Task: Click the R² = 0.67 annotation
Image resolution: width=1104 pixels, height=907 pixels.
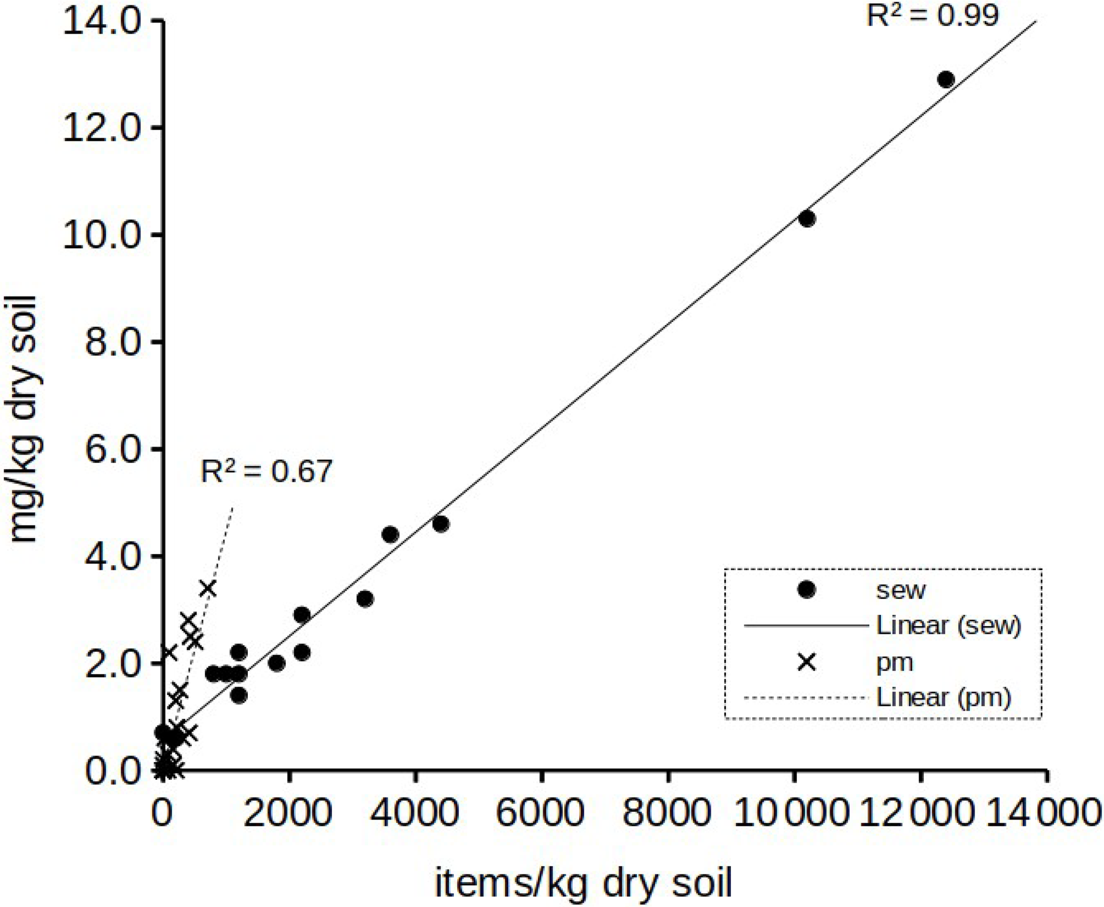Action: click(267, 471)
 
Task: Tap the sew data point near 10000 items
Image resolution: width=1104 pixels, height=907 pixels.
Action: click(807, 218)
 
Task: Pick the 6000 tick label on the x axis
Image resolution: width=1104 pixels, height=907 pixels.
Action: click(542, 814)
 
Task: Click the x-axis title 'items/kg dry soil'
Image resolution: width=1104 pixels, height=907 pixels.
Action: click(583, 883)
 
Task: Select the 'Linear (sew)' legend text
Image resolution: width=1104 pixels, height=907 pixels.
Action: click(949, 625)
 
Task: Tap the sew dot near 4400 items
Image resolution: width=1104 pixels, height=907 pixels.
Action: click(441, 524)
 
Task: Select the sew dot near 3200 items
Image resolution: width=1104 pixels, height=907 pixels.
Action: click(365, 599)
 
